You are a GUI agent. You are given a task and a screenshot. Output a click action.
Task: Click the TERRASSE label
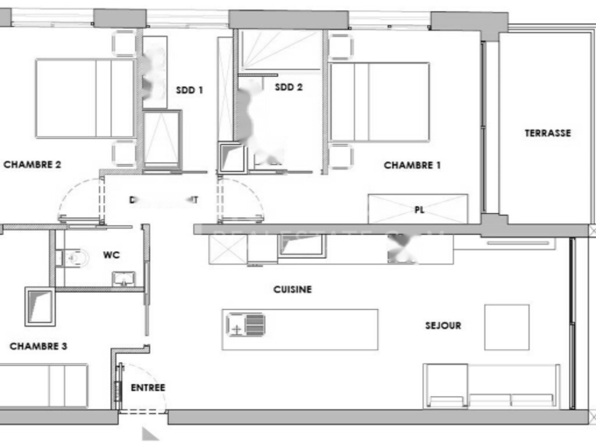point(548,133)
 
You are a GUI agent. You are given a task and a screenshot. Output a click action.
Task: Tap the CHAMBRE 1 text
point(412,165)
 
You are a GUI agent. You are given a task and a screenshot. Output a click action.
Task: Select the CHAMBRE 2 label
point(33,165)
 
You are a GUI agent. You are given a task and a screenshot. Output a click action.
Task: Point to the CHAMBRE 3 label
point(38,346)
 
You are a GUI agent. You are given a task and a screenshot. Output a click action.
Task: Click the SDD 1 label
point(190,90)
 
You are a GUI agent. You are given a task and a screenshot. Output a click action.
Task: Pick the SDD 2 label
point(289,87)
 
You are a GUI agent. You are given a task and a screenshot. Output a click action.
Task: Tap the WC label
point(111,255)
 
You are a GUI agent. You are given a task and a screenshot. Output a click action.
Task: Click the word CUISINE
point(293,289)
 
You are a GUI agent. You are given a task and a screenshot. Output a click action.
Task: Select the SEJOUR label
point(443,325)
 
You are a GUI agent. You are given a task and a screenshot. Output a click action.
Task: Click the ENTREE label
point(148,388)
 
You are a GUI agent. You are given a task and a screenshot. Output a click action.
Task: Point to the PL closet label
point(419,210)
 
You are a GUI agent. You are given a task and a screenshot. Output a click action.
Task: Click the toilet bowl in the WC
point(74,256)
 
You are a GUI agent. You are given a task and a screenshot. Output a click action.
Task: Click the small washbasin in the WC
point(123,278)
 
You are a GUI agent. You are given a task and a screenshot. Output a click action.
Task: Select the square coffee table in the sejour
point(506,327)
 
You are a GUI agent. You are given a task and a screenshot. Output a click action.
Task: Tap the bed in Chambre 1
point(379,102)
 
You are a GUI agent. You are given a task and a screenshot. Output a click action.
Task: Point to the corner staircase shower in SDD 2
point(281,50)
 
